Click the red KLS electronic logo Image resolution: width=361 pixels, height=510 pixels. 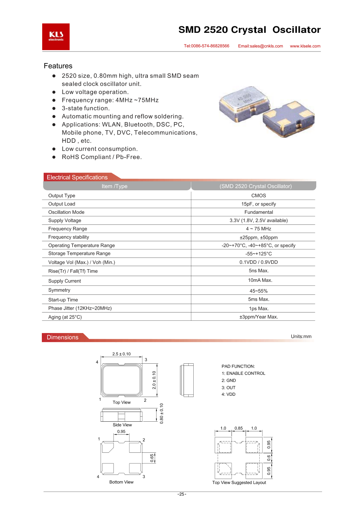coord(56,37)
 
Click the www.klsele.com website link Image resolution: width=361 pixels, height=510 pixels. coord(305,46)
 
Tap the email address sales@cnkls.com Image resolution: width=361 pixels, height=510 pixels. coord(260,46)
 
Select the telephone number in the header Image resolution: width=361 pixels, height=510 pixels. coord(207,46)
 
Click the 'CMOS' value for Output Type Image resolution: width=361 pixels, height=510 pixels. coord(259,196)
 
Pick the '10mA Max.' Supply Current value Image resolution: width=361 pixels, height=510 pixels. coord(260,280)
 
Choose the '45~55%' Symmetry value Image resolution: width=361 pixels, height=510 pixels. coord(259,291)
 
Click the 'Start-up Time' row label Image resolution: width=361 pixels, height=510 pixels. coord(63,300)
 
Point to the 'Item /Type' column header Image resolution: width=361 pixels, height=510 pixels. coord(114,186)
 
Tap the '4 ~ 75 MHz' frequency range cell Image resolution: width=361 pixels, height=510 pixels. coord(259,229)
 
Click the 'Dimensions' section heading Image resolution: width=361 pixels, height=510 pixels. coord(63,337)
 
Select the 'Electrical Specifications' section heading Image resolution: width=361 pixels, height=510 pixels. coord(77,177)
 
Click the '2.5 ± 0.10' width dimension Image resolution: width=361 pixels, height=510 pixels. coord(122,354)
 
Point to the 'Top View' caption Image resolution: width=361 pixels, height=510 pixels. coord(122,403)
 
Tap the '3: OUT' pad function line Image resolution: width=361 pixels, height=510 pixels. coord(229,388)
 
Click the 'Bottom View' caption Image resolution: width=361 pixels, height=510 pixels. coord(122,482)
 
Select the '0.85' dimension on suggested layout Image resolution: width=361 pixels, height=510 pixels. coord(239,428)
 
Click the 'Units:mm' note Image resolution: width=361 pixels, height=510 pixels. coord(301,337)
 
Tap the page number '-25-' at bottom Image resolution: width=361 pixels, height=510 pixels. coord(182,494)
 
